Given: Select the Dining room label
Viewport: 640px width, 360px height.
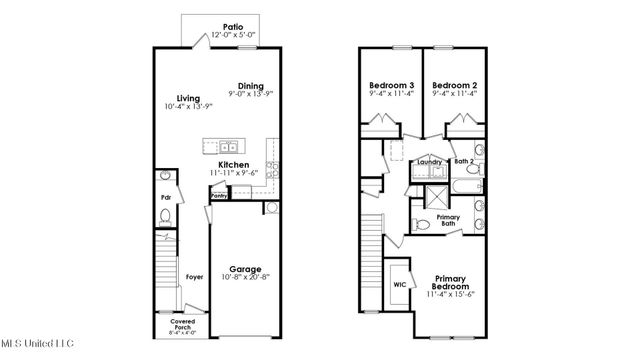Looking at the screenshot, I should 252,85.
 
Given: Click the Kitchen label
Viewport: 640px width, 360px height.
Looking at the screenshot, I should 233,164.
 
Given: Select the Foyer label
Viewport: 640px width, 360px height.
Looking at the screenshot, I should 194,276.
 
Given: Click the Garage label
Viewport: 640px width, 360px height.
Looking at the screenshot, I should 245,268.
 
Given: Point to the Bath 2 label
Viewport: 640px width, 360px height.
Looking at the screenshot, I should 464,160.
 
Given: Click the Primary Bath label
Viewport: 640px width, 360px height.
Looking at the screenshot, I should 449,220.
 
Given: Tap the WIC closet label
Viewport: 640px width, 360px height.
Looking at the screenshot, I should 400,284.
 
